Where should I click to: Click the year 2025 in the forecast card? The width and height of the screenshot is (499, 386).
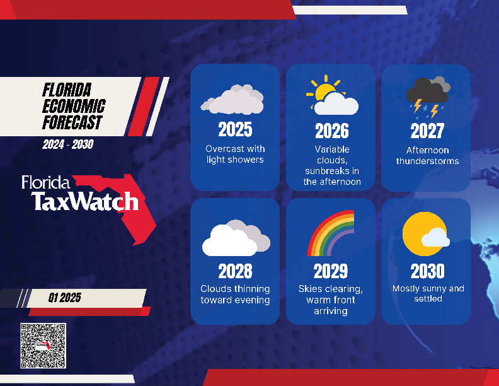[235, 129]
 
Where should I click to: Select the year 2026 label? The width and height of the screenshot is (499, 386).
[331, 131]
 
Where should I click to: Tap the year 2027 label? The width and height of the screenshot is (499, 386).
[427, 131]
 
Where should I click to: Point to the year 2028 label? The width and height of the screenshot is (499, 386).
[235, 271]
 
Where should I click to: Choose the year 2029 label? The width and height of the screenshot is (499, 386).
[331, 271]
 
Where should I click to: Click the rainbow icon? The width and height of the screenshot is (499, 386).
[331, 234]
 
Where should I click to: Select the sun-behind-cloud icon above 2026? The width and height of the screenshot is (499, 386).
[331, 96]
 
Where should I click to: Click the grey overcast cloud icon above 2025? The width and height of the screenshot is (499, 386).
[232, 100]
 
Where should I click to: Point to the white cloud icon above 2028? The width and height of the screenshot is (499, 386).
[235, 238]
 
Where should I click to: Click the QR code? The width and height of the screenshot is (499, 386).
[43, 346]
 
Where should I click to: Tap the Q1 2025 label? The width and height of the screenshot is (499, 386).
[64, 298]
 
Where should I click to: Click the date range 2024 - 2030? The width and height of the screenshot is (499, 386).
[68, 144]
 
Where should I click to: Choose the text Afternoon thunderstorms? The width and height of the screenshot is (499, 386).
[427, 155]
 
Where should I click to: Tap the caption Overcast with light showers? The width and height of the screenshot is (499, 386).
[235, 154]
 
